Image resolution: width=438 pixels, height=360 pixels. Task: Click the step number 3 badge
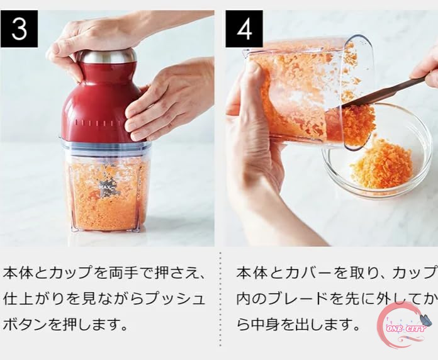[x=19, y=29]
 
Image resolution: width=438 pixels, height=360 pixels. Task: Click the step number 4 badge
[x=244, y=29]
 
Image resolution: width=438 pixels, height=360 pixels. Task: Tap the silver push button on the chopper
[x=107, y=57]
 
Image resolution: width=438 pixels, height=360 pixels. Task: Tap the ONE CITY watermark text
[x=406, y=329]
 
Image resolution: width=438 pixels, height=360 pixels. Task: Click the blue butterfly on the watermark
[x=422, y=320]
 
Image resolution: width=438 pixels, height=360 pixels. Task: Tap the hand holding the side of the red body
[x=167, y=101]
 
